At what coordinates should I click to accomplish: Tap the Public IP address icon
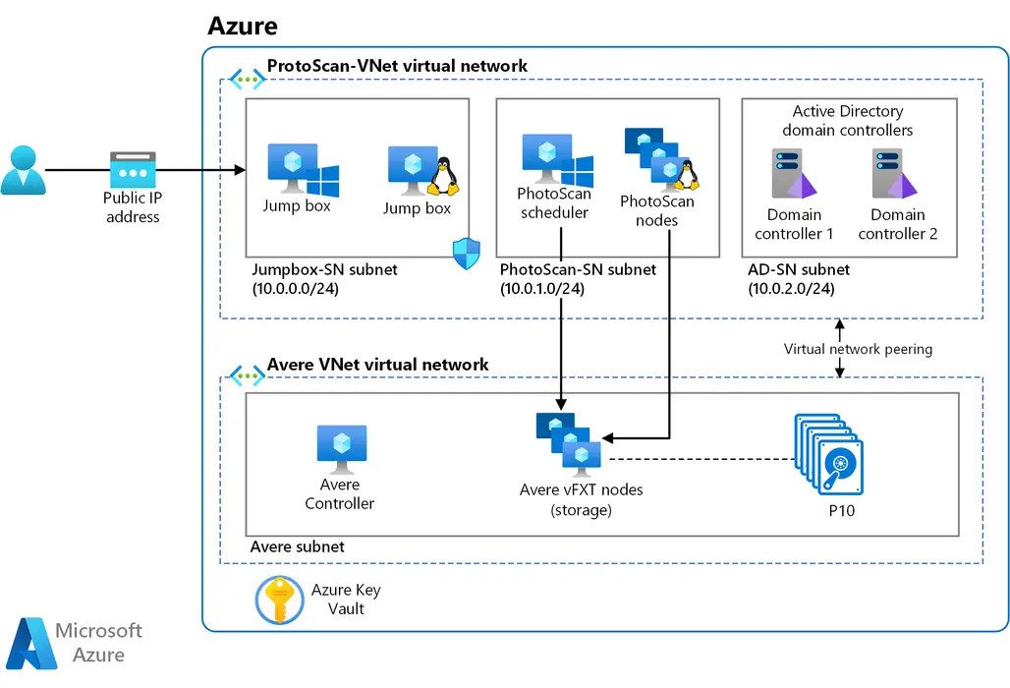pos(132,170)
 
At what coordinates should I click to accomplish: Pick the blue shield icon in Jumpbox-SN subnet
pos(465,254)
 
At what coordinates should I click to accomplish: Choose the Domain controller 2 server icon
pos(893,175)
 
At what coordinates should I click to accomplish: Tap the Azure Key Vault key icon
pos(279,600)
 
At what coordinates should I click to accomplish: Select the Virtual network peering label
pos(858,349)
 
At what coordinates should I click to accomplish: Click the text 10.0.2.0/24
pos(791,288)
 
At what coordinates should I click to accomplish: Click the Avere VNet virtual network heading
pos(377,365)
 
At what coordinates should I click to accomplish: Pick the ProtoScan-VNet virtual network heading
pos(397,66)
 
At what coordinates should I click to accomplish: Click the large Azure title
pos(242,27)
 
